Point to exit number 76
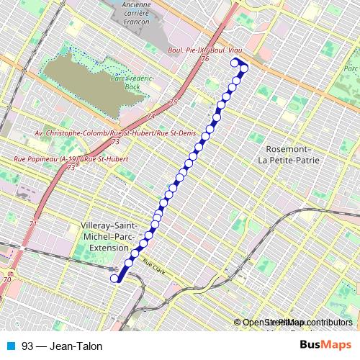click(x=205, y=58)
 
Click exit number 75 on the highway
click(x=174, y=103)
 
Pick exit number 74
click(x=150, y=117)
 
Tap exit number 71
click(x=32, y=225)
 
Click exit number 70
click(x=6, y=279)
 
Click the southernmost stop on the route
click(x=114, y=278)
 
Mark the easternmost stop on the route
click(x=244, y=68)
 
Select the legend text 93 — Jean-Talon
click(x=62, y=346)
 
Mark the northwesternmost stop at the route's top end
click(x=233, y=63)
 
